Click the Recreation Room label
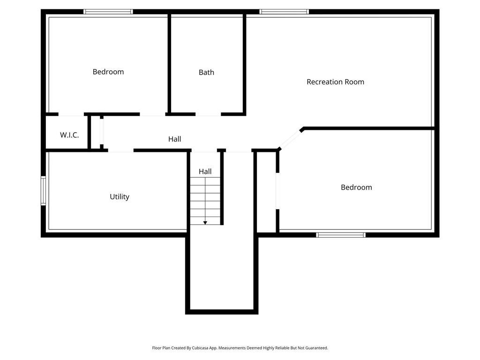(x=335, y=82)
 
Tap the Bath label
(x=206, y=72)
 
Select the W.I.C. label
(x=69, y=135)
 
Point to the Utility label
(x=120, y=197)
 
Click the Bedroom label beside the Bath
(x=108, y=72)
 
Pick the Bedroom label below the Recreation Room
(x=356, y=187)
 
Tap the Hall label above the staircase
(x=205, y=172)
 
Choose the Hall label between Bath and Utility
(x=174, y=139)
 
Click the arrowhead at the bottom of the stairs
(x=205, y=223)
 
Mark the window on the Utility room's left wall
(x=43, y=191)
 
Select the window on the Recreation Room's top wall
(x=284, y=12)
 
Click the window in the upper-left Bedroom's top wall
(x=108, y=12)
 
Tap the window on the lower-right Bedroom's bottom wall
(x=341, y=235)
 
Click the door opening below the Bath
(x=208, y=114)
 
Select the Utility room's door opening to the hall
(x=121, y=150)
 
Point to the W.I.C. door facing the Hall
(x=101, y=132)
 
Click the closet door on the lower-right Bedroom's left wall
(x=277, y=191)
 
